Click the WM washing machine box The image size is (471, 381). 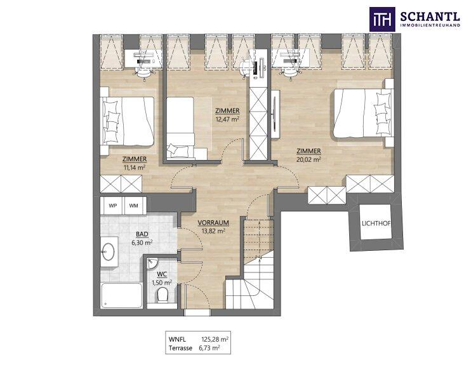(135, 206)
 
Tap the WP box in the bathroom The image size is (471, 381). (112, 206)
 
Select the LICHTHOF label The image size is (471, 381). (376, 224)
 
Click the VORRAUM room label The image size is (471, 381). (213, 223)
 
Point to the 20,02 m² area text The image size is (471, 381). (308, 159)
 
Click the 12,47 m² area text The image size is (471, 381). (227, 119)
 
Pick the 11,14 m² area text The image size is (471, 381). (135, 168)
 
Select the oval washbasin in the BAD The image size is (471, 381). (108, 251)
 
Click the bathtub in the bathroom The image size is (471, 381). (122, 295)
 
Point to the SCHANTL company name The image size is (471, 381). (430, 17)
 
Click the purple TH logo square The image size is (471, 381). (382, 19)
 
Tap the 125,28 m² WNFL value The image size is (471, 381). (215, 340)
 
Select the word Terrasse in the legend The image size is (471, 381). (180, 348)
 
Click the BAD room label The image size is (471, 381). (142, 234)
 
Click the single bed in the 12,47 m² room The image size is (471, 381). (180, 127)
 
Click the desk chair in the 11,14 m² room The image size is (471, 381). (144, 73)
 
